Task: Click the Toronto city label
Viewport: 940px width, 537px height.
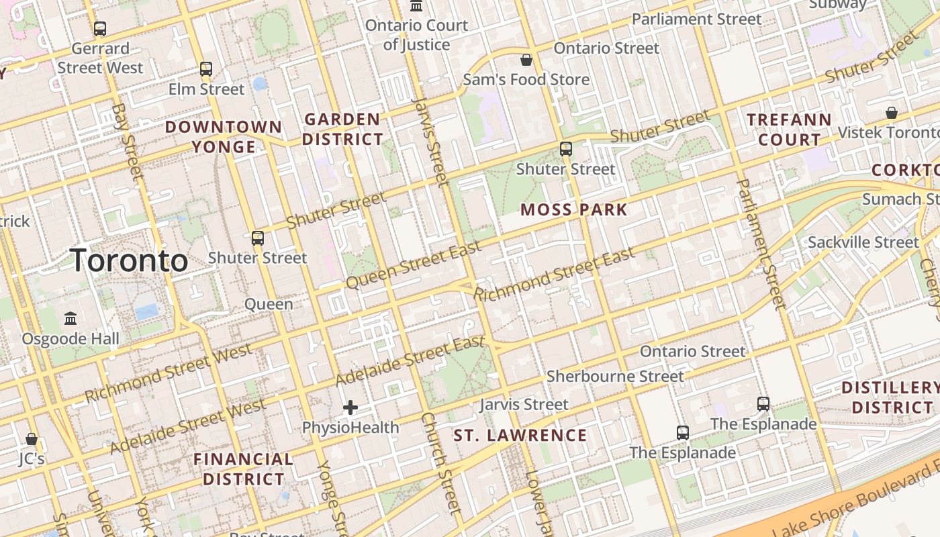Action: click(x=129, y=260)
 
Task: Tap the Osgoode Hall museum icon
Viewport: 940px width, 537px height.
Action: click(x=70, y=318)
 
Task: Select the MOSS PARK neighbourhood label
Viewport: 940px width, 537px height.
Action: click(x=574, y=209)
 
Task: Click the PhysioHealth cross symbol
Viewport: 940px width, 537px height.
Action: click(x=350, y=407)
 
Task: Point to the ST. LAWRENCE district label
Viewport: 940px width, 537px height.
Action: click(x=520, y=436)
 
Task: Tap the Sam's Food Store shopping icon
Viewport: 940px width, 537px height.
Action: click(x=526, y=60)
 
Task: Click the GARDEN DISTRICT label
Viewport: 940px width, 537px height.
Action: click(x=343, y=130)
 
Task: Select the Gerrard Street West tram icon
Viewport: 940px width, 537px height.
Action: click(x=100, y=29)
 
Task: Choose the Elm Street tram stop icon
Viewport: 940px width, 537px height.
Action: click(x=206, y=69)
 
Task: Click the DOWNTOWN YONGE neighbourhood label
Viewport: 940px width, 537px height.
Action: click(x=224, y=137)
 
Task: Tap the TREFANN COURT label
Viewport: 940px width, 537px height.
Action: click(x=789, y=130)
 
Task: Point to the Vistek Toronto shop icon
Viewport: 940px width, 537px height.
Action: click(x=892, y=113)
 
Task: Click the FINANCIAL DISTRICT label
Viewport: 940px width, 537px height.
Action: click(x=243, y=469)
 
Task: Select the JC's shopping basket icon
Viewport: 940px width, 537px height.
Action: click(x=32, y=440)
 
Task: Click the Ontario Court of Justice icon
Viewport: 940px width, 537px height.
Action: click(x=416, y=7)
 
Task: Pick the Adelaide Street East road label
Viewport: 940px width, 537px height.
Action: click(x=410, y=360)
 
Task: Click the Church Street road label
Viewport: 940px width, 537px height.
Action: click(x=441, y=463)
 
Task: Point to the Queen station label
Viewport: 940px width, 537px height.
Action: click(x=269, y=304)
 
